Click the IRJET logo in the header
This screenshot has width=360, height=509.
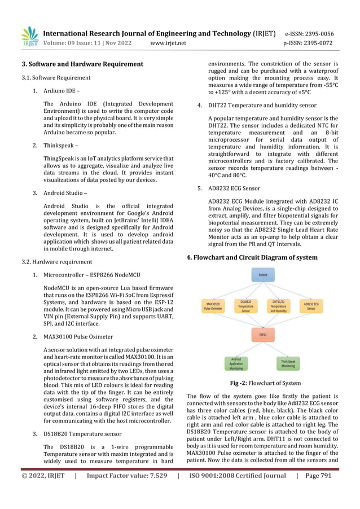(29, 37)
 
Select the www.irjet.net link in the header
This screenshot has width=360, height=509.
(168, 43)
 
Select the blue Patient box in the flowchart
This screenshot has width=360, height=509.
(263, 275)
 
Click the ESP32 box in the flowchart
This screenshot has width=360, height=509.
(263, 334)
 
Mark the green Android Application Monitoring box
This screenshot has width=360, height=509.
(237, 364)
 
